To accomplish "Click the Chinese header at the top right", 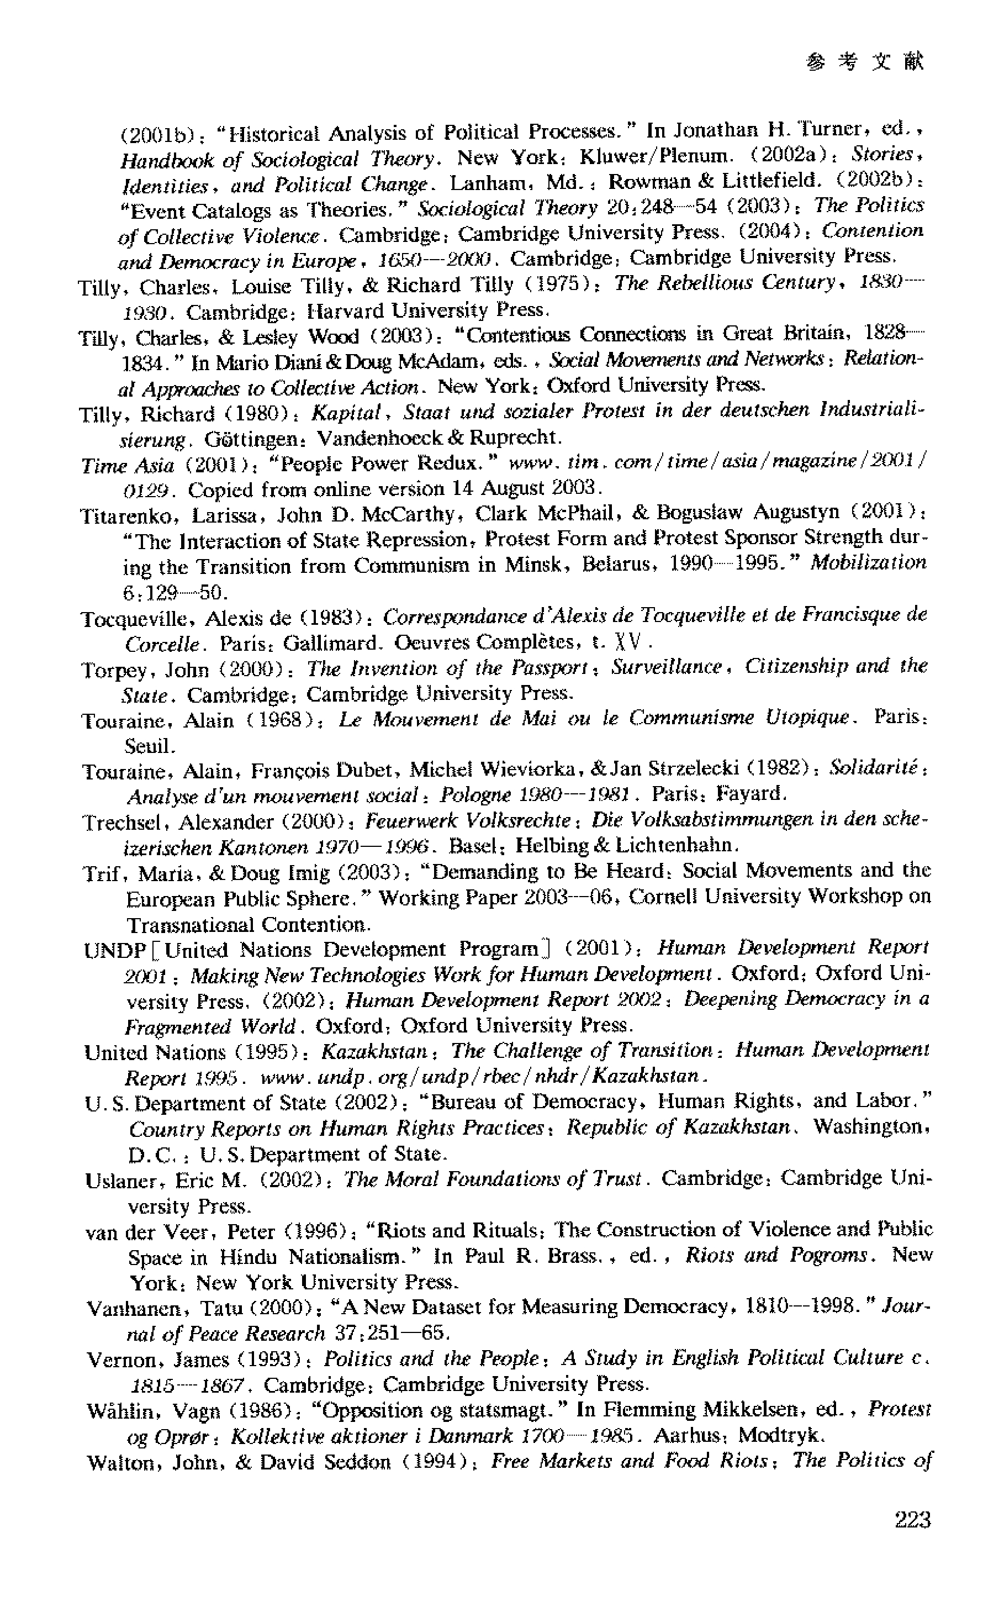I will click(x=865, y=61).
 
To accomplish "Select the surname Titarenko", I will click(x=130, y=516).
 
